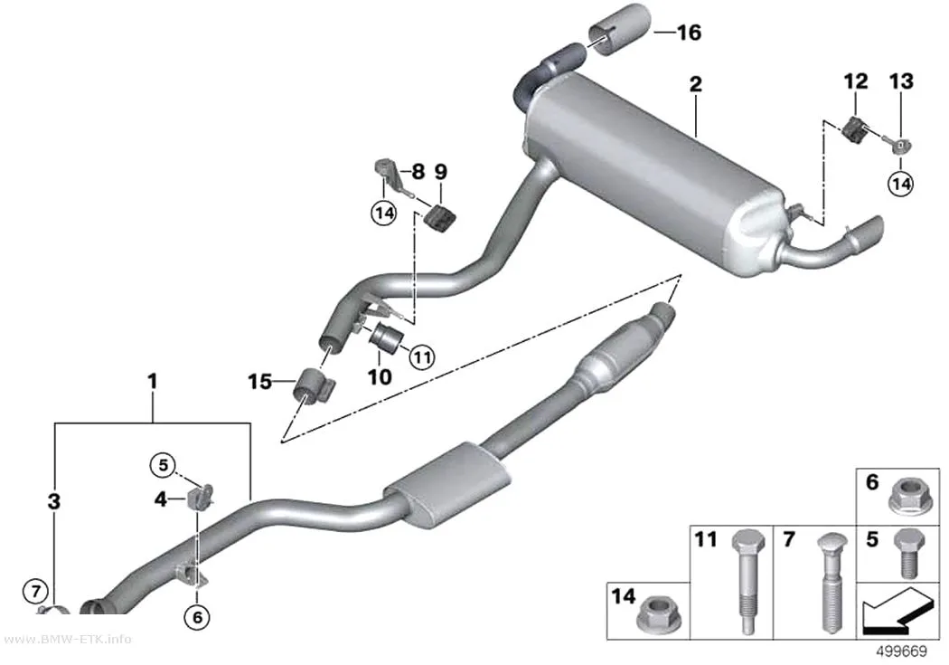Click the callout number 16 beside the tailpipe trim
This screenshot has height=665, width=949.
click(x=689, y=32)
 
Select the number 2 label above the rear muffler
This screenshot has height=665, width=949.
click(x=696, y=84)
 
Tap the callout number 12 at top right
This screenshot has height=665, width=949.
click(x=856, y=81)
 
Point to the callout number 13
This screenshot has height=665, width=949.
click(x=901, y=81)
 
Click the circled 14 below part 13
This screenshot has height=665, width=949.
click(x=900, y=183)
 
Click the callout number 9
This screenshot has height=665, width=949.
click(x=441, y=172)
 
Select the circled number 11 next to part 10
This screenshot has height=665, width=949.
click(x=422, y=356)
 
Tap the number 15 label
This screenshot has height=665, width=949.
click(x=259, y=382)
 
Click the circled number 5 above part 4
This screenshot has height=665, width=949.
click(x=163, y=465)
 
